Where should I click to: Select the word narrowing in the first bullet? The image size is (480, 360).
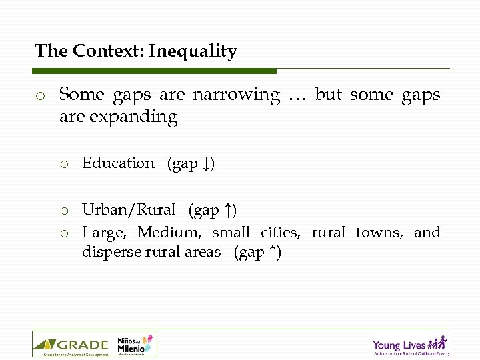[x=236, y=95]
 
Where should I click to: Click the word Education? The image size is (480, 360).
[x=118, y=163]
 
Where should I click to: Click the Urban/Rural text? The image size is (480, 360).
[x=129, y=210]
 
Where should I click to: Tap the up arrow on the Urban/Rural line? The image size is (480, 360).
[x=228, y=211]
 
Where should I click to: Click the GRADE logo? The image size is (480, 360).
[x=71, y=345]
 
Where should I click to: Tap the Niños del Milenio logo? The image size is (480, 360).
[x=135, y=345]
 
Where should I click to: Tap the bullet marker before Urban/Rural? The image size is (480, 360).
[x=64, y=211]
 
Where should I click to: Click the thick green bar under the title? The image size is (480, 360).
[x=154, y=71]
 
